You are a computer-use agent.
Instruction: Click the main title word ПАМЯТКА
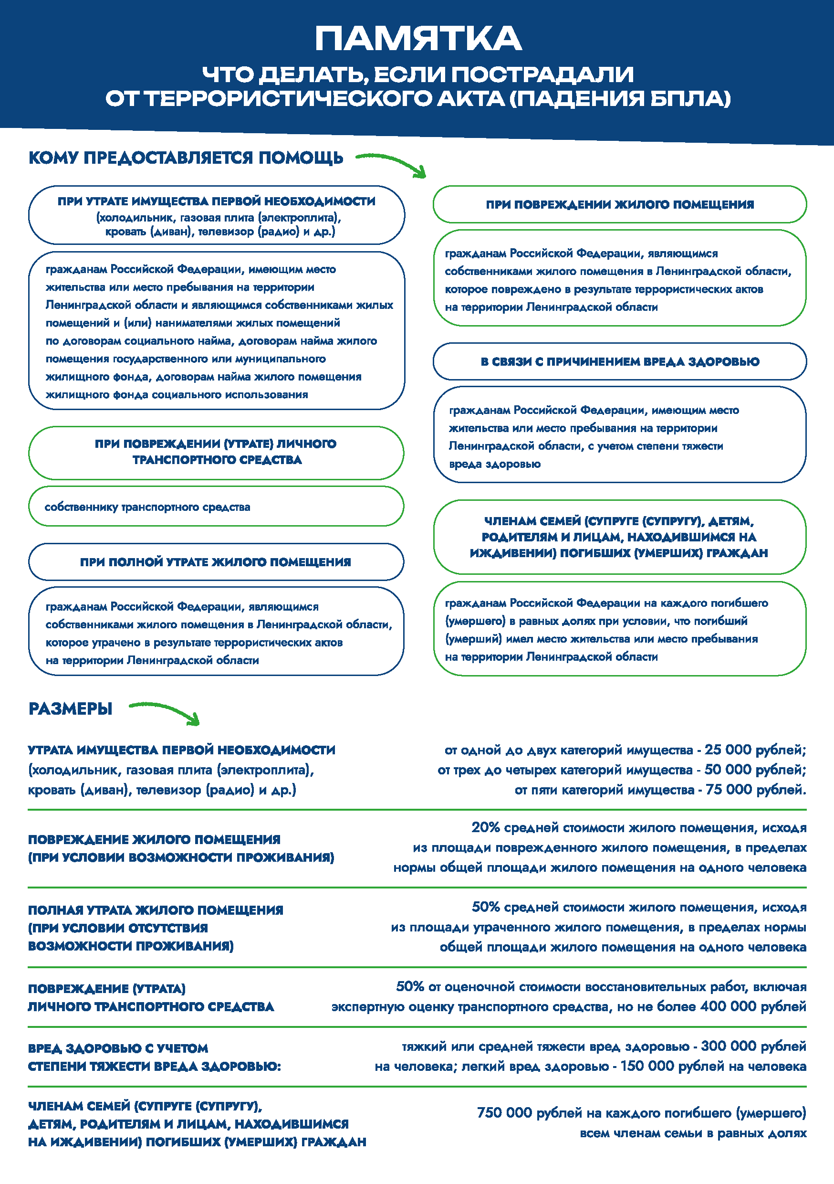click(x=418, y=39)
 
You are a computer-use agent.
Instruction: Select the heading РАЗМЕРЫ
click(x=70, y=709)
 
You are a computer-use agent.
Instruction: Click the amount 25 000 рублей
click(x=755, y=750)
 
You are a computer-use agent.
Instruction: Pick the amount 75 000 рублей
click(x=755, y=790)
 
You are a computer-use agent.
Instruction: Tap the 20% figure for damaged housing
click(x=485, y=828)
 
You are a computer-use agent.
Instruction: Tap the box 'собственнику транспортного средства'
click(x=147, y=507)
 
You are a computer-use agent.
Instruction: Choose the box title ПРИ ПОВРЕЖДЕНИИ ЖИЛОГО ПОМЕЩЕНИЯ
click(x=620, y=205)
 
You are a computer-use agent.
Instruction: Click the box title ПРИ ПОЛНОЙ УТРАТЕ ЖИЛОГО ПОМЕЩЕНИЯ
click(x=216, y=562)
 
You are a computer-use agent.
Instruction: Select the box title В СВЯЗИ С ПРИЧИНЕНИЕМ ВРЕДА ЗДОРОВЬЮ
click(x=620, y=361)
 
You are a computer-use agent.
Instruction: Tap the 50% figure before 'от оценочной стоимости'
click(x=410, y=986)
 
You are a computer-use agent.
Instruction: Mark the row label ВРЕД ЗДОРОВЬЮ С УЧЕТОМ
click(x=118, y=1048)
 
